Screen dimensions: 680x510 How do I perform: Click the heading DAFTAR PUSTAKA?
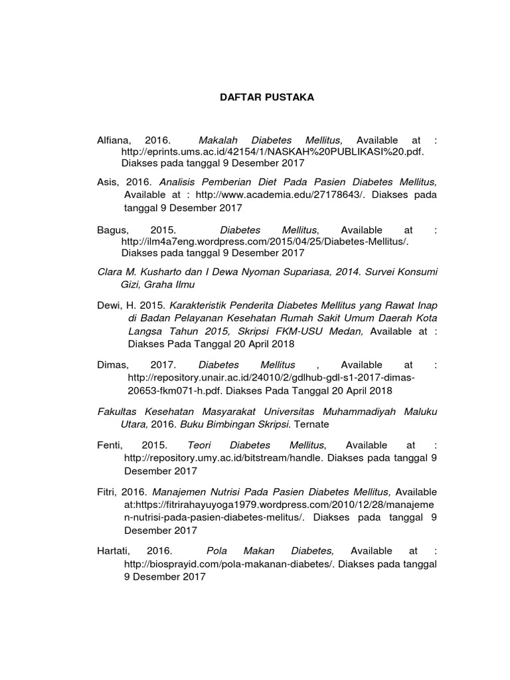(x=267, y=98)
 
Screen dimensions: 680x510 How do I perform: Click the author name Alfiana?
(x=114, y=141)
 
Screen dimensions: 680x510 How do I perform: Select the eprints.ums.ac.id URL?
(x=272, y=151)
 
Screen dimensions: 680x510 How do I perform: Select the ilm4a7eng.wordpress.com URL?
(x=265, y=241)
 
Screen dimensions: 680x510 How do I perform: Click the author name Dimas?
(x=113, y=365)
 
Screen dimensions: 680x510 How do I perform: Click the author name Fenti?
(x=110, y=445)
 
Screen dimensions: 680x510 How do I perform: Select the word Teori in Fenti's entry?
(x=199, y=445)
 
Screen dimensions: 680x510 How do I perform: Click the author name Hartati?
(x=114, y=551)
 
